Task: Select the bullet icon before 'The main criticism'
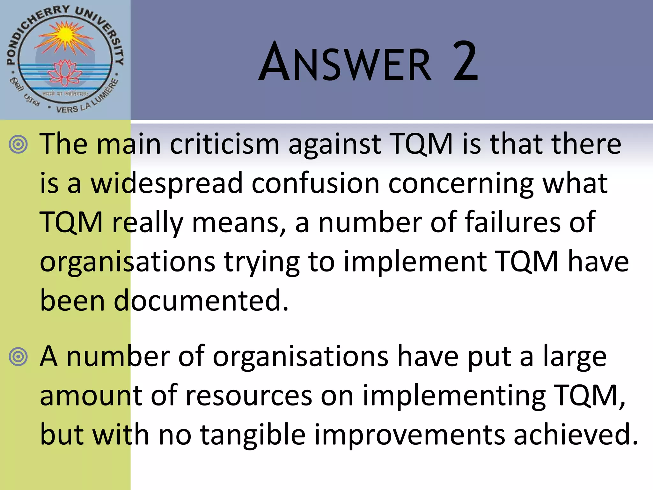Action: tap(18, 144)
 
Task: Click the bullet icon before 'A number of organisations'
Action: tap(18, 357)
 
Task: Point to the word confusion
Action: tap(315, 183)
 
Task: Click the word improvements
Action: tap(410, 435)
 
